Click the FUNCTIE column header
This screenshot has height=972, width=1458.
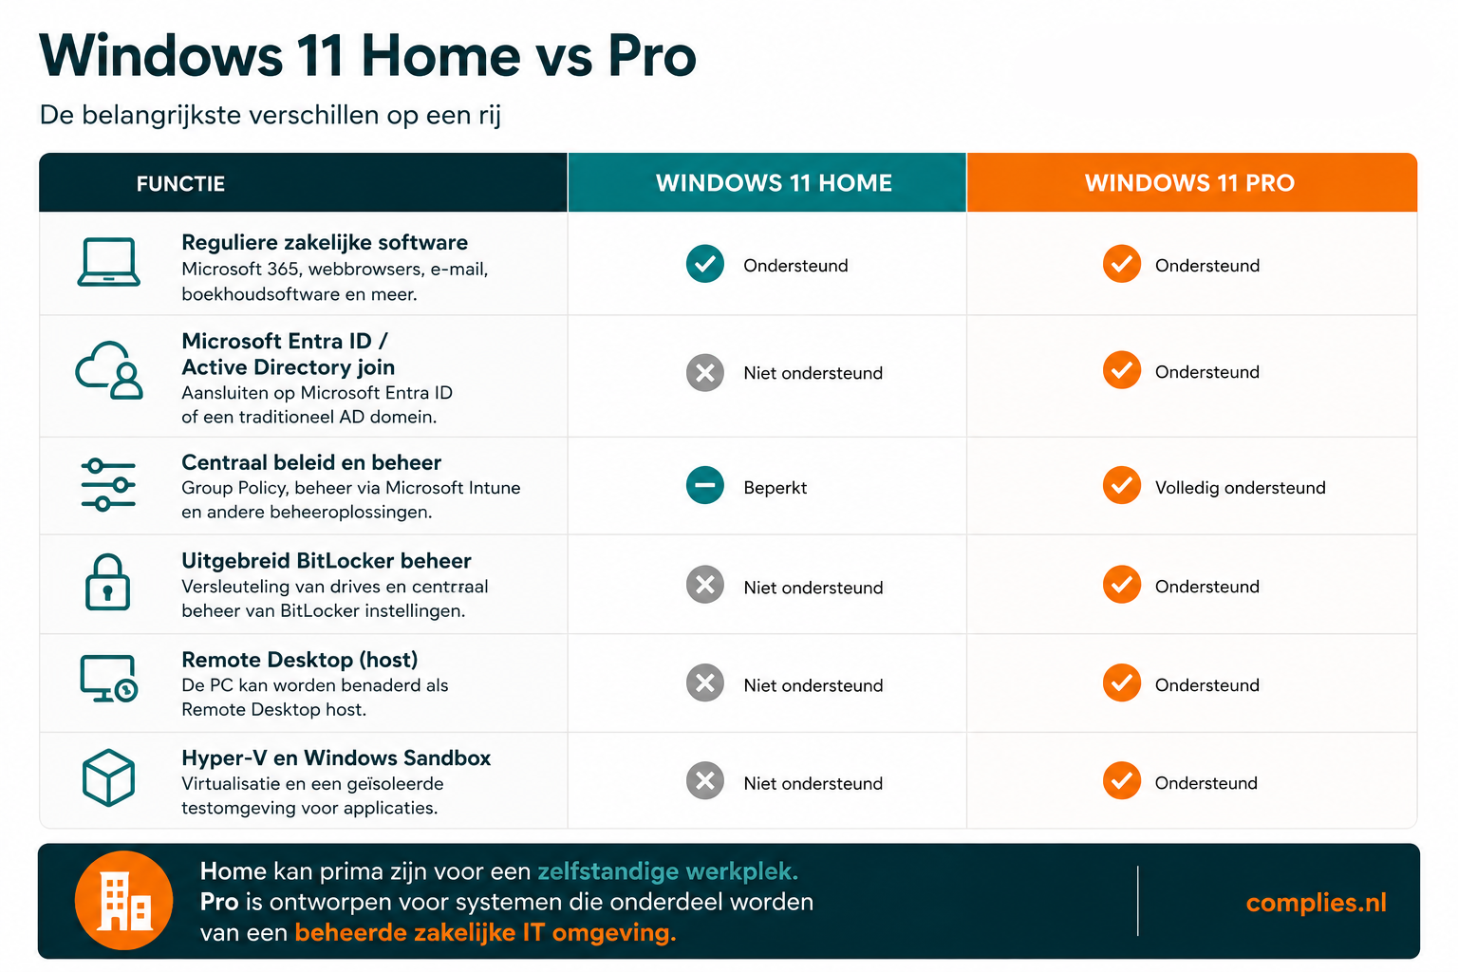coord(180,183)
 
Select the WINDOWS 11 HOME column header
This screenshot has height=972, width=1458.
coord(774,183)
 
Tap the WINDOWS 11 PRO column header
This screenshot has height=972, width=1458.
coord(1189,183)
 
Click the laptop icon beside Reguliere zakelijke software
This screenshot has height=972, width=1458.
coord(109,262)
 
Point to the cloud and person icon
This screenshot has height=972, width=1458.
coord(109,370)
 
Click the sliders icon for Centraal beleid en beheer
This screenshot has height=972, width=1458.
coord(108,485)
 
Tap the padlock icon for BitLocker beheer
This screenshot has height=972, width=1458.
coord(107,582)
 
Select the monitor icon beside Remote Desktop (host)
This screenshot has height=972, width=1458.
coord(109,679)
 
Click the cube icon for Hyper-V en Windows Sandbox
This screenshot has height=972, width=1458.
coord(109,777)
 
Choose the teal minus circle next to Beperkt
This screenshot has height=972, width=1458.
coord(705,485)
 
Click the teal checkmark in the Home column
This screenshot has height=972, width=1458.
coord(705,264)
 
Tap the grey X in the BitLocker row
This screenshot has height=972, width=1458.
coord(705,585)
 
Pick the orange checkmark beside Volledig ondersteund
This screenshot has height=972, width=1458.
coord(1121,485)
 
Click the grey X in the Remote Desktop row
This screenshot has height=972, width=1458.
coord(705,682)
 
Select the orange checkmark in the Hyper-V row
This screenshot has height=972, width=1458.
coord(1121,780)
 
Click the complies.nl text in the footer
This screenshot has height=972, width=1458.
coord(1317,903)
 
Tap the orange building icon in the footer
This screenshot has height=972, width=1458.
coord(123,901)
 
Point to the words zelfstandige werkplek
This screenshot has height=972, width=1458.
coord(668,871)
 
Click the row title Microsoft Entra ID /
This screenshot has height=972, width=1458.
coord(285,341)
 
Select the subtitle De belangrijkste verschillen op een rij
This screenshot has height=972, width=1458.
coord(271,115)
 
